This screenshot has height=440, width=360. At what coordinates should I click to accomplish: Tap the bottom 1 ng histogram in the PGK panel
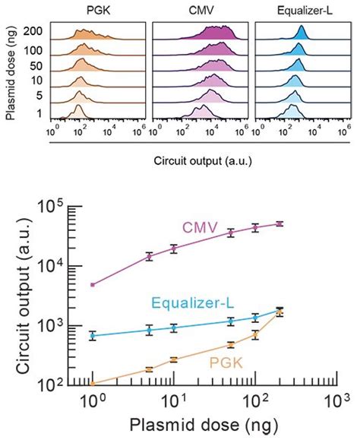(x=78, y=113)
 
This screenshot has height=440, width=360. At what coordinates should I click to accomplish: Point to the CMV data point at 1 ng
(x=93, y=285)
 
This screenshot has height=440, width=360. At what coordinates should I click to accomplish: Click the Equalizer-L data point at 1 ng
(x=93, y=335)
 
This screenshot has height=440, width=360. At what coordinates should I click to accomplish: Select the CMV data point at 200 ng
(x=279, y=223)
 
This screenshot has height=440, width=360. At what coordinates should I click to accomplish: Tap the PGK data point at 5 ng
(x=149, y=369)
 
